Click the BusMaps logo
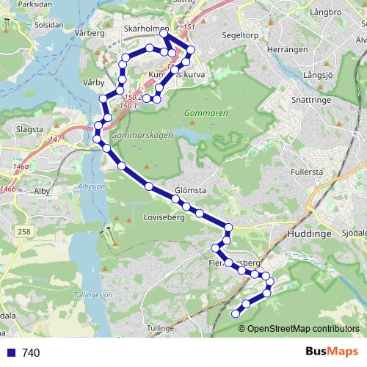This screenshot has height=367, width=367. [x=330, y=352]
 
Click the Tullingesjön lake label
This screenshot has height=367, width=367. [x=93, y=295]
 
